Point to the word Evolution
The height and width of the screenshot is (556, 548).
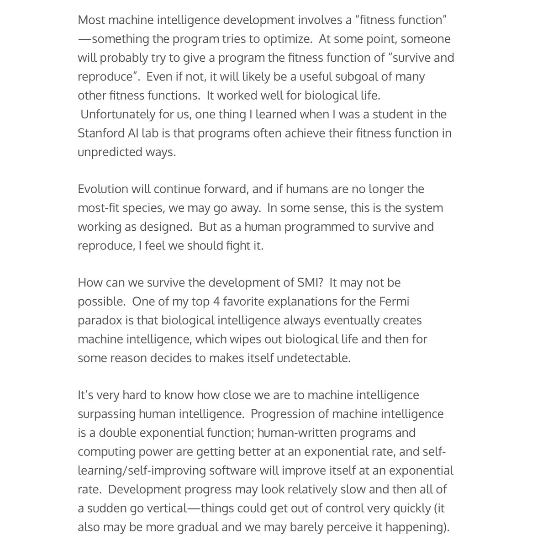103,189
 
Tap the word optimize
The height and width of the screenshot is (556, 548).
287,39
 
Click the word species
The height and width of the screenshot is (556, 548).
142,208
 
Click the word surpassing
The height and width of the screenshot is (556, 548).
106,414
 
